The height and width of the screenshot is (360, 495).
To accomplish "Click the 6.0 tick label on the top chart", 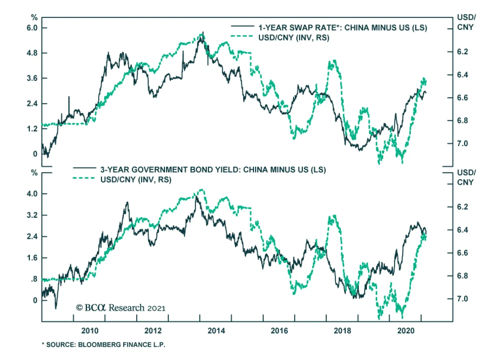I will [x=32, y=28].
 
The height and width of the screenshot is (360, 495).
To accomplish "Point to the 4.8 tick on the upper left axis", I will [x=32, y=53].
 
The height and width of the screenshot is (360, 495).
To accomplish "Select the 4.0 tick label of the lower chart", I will [x=32, y=194].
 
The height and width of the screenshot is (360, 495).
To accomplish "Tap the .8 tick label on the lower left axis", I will [x=34, y=279].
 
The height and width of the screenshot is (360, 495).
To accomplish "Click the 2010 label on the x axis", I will [x=90, y=331].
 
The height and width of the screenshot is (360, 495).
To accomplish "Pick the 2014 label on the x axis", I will [x=216, y=331].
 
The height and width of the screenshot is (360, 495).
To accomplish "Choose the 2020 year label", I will [x=406, y=331].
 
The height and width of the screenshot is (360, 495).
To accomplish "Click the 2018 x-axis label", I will [x=342, y=331].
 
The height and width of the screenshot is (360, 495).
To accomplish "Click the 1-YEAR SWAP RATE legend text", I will [x=342, y=28].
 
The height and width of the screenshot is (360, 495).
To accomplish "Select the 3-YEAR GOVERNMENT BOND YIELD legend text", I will [x=213, y=170].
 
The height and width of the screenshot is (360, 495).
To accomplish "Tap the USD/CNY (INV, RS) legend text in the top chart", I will [x=294, y=38].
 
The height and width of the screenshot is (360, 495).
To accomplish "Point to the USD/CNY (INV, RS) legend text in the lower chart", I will [x=136, y=180].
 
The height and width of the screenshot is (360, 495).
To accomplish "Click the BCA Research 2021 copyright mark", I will [x=121, y=308].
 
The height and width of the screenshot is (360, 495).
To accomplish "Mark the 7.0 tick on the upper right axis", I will [x=463, y=144].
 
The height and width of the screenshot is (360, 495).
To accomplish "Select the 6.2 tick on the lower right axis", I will [x=463, y=207].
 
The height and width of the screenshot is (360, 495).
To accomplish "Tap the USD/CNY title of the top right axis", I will [x=466, y=22].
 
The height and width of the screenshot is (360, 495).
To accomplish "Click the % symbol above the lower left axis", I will [x=34, y=173].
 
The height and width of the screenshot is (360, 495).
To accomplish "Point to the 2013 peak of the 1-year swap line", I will [x=203, y=32].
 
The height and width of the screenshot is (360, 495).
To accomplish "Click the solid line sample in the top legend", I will [x=243, y=26].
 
